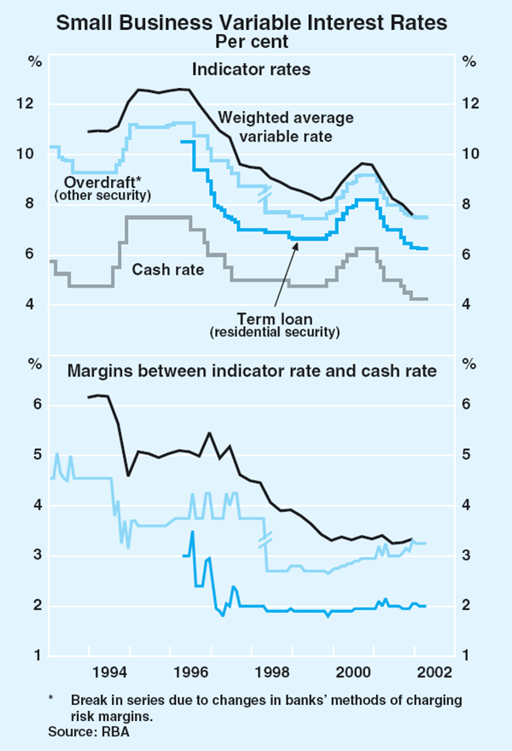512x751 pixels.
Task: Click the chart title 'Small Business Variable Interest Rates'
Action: [x=256, y=22]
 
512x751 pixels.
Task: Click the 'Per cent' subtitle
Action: [x=256, y=40]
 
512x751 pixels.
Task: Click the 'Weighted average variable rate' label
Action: [x=286, y=126]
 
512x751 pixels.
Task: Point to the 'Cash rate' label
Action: [x=168, y=270]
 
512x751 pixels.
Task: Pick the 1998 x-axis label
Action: [x=256, y=671]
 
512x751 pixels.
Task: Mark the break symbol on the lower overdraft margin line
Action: [x=265, y=540]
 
